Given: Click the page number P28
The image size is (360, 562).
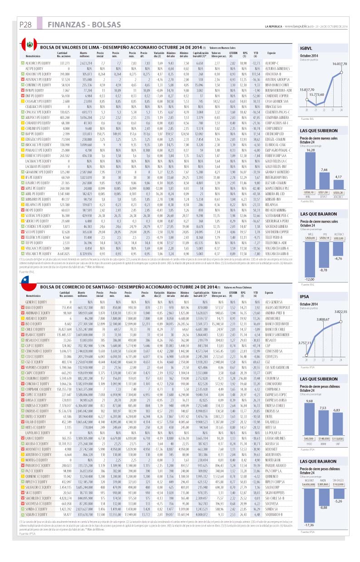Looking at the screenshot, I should [25, 25].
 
